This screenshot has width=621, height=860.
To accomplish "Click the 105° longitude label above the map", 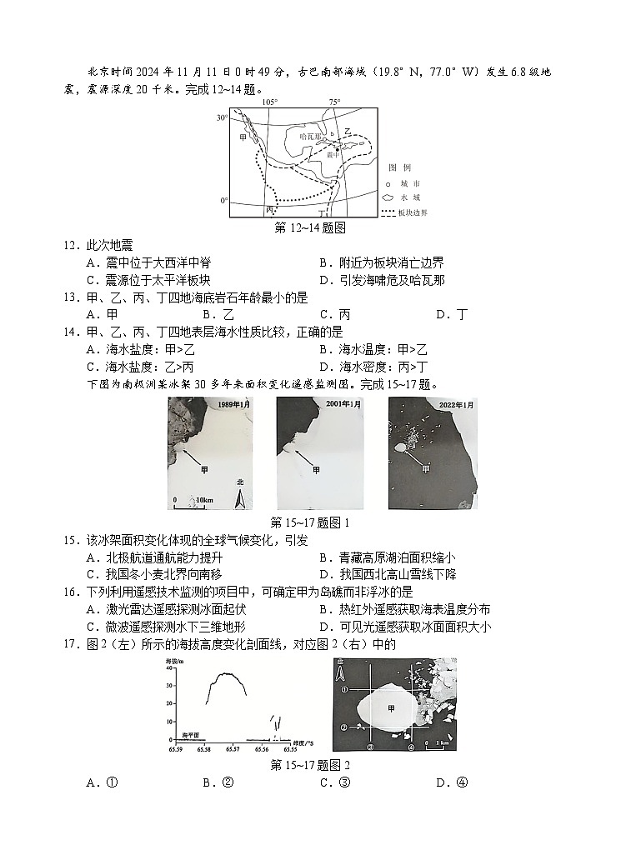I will tap(269, 102).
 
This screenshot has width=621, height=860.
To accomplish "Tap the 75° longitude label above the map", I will tap(334, 102).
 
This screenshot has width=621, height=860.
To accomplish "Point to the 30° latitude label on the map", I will tap(222, 117).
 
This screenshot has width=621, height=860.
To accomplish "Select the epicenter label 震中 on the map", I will tap(333, 154).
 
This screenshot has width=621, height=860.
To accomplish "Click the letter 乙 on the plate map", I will tap(348, 130).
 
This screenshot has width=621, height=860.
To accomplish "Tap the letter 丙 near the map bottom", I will tap(269, 212).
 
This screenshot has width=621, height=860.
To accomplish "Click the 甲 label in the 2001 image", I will tap(316, 469).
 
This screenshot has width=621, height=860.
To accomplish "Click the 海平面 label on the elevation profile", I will tap(193, 736).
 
